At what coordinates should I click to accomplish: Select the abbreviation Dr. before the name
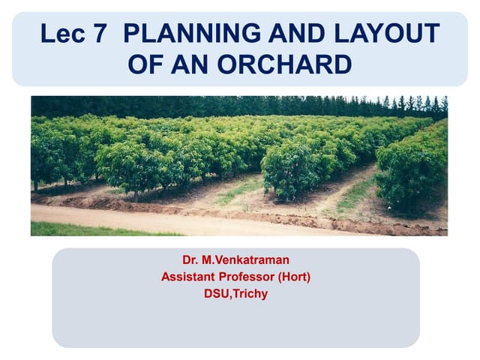click(x=190, y=260)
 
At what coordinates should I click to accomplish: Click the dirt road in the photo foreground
click(x=150, y=220)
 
